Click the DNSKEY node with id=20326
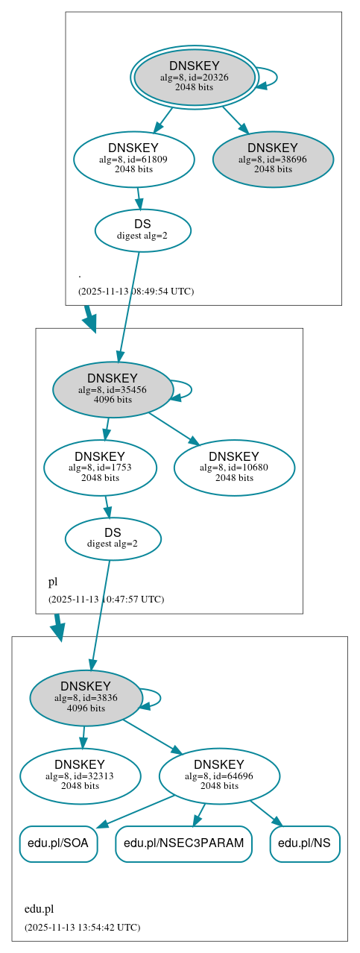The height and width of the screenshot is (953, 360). pyautogui.click(x=194, y=77)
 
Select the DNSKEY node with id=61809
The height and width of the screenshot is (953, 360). pyautogui.click(x=134, y=159)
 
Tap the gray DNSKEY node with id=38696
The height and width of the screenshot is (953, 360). pyautogui.click(x=273, y=159)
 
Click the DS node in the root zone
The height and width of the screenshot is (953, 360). pyautogui.click(x=143, y=230)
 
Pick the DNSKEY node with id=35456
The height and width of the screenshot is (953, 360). pyautogui.click(x=113, y=389)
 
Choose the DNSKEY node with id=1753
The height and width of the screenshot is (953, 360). pyautogui.click(x=100, y=468)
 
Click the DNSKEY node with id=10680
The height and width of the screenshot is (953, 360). pyautogui.click(x=234, y=468)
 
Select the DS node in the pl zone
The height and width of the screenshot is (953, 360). pyautogui.click(x=113, y=538)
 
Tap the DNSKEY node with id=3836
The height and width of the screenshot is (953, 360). pyautogui.click(x=86, y=698)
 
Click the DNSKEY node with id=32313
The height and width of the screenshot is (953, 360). pyautogui.click(x=80, y=776)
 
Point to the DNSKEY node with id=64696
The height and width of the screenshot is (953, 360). pyautogui.click(x=219, y=776)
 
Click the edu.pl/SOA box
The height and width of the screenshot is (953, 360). pyautogui.click(x=58, y=843)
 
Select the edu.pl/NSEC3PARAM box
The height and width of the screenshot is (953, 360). pyautogui.click(x=183, y=843)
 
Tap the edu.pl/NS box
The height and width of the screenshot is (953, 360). pyautogui.click(x=305, y=843)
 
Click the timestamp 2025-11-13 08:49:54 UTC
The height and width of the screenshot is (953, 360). pyautogui.click(x=136, y=291)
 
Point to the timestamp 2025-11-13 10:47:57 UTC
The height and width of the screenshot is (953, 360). pyautogui.click(x=106, y=599)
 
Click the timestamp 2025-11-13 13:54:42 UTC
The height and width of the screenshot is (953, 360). pyautogui.click(x=82, y=927)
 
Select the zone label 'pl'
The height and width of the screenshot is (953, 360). pyautogui.click(x=53, y=582)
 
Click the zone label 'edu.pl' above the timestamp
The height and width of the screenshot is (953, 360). pyautogui.click(x=40, y=909)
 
